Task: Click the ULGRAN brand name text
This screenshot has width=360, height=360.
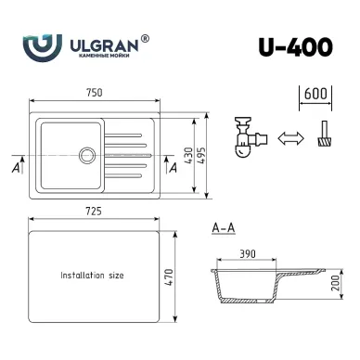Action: coord(104,45)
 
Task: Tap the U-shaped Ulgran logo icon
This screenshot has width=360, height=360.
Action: coord(43,48)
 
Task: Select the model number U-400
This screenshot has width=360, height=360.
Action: coord(295,47)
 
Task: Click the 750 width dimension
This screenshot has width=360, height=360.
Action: coord(95,93)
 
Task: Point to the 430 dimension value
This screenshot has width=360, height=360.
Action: coord(188,155)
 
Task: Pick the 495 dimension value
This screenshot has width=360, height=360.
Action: coord(201,155)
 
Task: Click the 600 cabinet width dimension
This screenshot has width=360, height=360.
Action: coord(315,94)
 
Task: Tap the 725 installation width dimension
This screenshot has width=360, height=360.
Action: coord(94,212)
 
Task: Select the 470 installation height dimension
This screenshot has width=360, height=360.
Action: coord(169,277)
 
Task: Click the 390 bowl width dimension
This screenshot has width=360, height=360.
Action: coord(248,254)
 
